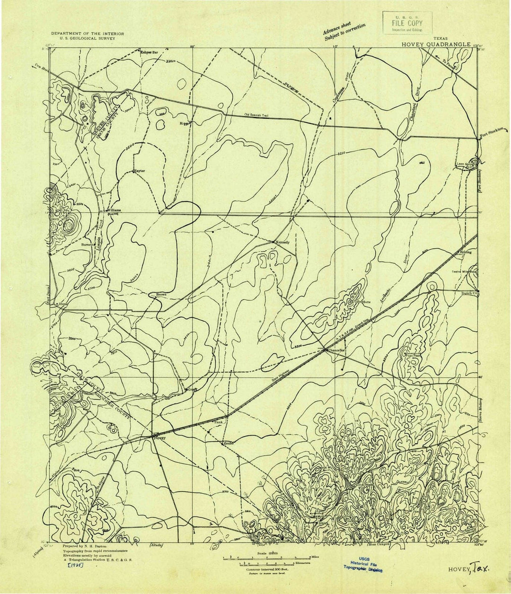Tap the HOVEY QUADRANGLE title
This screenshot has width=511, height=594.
436,44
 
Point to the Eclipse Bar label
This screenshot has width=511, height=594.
149,52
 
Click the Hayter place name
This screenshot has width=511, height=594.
140,171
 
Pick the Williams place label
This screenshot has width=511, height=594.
114,210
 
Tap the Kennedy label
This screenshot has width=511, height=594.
282,243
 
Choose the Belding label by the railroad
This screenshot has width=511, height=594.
466,253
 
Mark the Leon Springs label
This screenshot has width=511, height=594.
465,165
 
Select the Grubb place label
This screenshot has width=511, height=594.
229,444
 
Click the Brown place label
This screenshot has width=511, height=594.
161,295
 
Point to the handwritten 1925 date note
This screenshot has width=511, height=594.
74,566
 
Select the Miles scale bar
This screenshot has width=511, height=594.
267,559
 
